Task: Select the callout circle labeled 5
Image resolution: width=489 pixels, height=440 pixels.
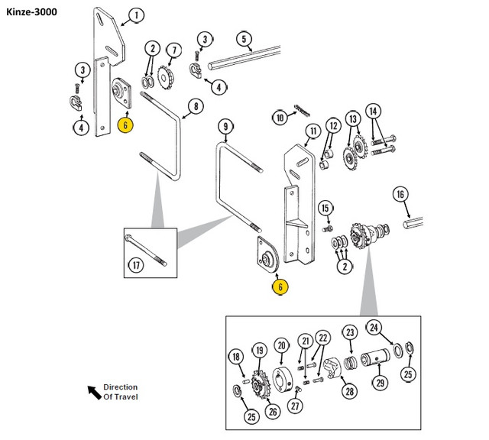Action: pyautogui.click(x=244, y=39)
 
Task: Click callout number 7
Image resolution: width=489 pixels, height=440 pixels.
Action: pyautogui.click(x=173, y=50)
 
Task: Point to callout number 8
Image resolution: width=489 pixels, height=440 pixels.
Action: pyautogui.click(x=195, y=106)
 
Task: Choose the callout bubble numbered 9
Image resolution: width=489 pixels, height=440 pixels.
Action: pyautogui.click(x=225, y=125)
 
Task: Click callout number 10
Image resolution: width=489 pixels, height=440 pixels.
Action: pyautogui.click(x=280, y=118)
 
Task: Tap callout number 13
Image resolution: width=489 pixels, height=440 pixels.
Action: pyautogui.click(x=352, y=119)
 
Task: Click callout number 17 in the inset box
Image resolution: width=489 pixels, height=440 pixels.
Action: pyautogui.click(x=136, y=267)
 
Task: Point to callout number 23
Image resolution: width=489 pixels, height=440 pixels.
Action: pyautogui.click(x=349, y=332)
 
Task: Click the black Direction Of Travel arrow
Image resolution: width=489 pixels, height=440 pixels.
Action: pyautogui.click(x=94, y=391)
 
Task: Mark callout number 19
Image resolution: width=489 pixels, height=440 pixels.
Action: pyautogui.click(x=259, y=351)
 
